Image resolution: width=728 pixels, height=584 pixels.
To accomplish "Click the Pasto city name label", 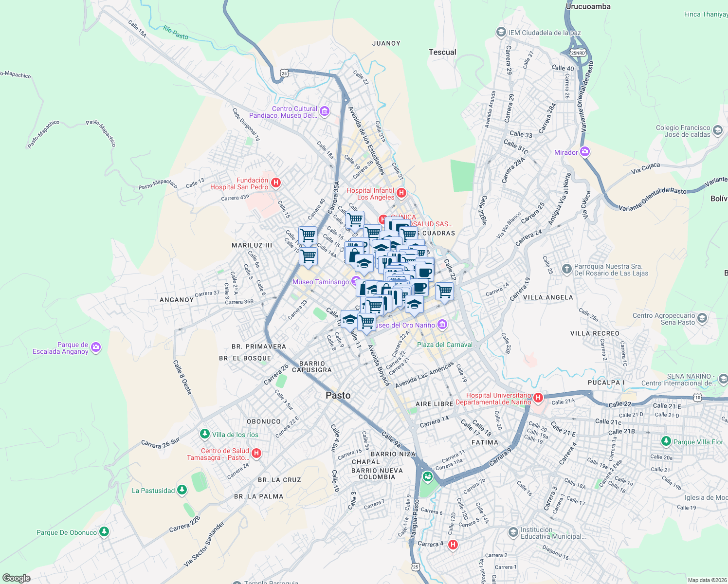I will pyautogui.click(x=338, y=395).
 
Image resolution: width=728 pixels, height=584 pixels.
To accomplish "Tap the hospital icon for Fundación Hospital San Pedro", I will pyautogui.click(x=275, y=183).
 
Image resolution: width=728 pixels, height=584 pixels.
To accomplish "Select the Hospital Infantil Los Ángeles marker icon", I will pyautogui.click(x=401, y=193).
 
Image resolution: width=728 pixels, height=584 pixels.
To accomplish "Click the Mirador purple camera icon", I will pyautogui.click(x=585, y=152).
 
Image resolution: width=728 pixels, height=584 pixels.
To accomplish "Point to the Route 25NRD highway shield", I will pyautogui.click(x=578, y=53).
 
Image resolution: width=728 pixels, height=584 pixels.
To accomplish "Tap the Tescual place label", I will pyautogui.click(x=442, y=52).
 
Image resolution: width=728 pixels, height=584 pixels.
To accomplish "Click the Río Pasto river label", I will pyautogui.click(x=176, y=33).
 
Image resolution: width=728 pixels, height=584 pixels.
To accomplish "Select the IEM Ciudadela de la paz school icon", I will pyautogui.click(x=501, y=32).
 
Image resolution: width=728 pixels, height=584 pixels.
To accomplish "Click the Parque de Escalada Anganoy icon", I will pyautogui.click(x=96, y=347).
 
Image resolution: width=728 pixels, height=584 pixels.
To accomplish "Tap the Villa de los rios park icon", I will pyautogui.click(x=205, y=434).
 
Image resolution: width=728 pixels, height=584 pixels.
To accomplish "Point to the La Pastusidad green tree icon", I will pyautogui.click(x=182, y=490).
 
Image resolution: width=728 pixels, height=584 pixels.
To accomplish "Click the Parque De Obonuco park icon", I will pyautogui.click(x=104, y=531).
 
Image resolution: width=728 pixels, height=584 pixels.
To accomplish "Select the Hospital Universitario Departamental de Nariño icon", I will pyautogui.click(x=538, y=398).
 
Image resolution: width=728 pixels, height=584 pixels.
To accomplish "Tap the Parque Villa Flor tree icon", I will pyautogui.click(x=666, y=441).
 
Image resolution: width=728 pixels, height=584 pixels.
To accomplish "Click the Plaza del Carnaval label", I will pyautogui.click(x=444, y=345).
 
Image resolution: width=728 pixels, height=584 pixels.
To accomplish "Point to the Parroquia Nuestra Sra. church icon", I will pyautogui.click(x=566, y=269).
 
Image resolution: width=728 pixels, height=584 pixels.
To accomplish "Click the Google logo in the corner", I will pyautogui.click(x=16, y=578).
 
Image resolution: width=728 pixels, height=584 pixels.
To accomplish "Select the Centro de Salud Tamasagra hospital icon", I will pyautogui.click(x=256, y=453).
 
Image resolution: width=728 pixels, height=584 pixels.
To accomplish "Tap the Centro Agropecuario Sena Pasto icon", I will pyautogui.click(x=702, y=318).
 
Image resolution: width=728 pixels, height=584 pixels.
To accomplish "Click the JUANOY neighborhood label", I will pyautogui.click(x=386, y=43).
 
